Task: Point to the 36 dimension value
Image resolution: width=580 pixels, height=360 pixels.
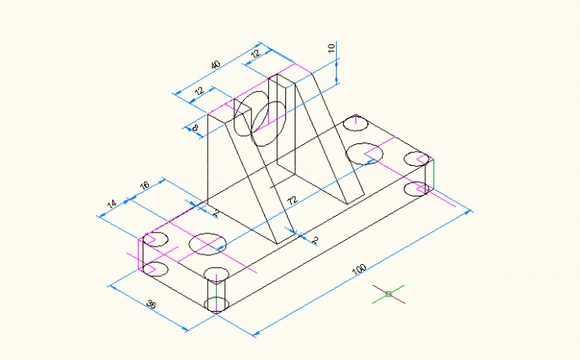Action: (x=151, y=304)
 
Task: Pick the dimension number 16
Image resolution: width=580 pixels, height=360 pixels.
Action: (x=145, y=186)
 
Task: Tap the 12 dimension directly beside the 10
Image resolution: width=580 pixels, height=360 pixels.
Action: (x=255, y=54)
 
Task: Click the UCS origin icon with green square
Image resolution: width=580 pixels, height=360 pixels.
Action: (x=388, y=294)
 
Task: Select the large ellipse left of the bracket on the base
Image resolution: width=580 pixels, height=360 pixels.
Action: (x=207, y=242)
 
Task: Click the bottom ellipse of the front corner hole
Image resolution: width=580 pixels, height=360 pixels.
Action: (x=217, y=304)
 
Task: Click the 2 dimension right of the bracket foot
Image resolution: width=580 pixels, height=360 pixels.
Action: (x=315, y=240)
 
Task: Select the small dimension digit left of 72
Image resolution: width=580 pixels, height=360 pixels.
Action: (x=215, y=213)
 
